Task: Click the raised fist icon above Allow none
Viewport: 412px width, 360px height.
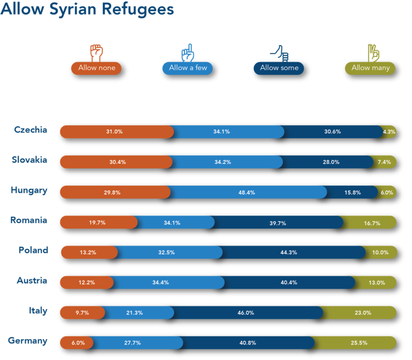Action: (x=97, y=53)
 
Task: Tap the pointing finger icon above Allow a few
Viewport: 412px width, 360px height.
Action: (x=188, y=53)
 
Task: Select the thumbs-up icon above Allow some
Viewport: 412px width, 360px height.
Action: (x=279, y=53)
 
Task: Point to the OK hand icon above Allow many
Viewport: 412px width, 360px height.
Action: (x=373, y=53)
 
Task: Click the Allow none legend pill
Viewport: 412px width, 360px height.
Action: (x=97, y=68)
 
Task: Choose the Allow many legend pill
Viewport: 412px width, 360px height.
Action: (x=370, y=68)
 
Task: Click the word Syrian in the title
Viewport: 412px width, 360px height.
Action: (x=73, y=10)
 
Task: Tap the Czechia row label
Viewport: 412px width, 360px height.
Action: (x=31, y=130)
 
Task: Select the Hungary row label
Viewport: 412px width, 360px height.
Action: (x=29, y=190)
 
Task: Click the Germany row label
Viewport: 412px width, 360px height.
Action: (x=27, y=341)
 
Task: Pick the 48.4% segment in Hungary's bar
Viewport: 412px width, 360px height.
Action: (x=246, y=193)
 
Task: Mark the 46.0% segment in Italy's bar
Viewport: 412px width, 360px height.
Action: (x=246, y=313)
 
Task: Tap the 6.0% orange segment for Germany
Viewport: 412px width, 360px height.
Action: (x=77, y=343)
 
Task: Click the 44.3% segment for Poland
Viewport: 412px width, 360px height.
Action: (x=292, y=252)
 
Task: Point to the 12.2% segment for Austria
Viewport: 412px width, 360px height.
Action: (x=87, y=283)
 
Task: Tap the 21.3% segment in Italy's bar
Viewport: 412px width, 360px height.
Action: (x=137, y=313)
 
